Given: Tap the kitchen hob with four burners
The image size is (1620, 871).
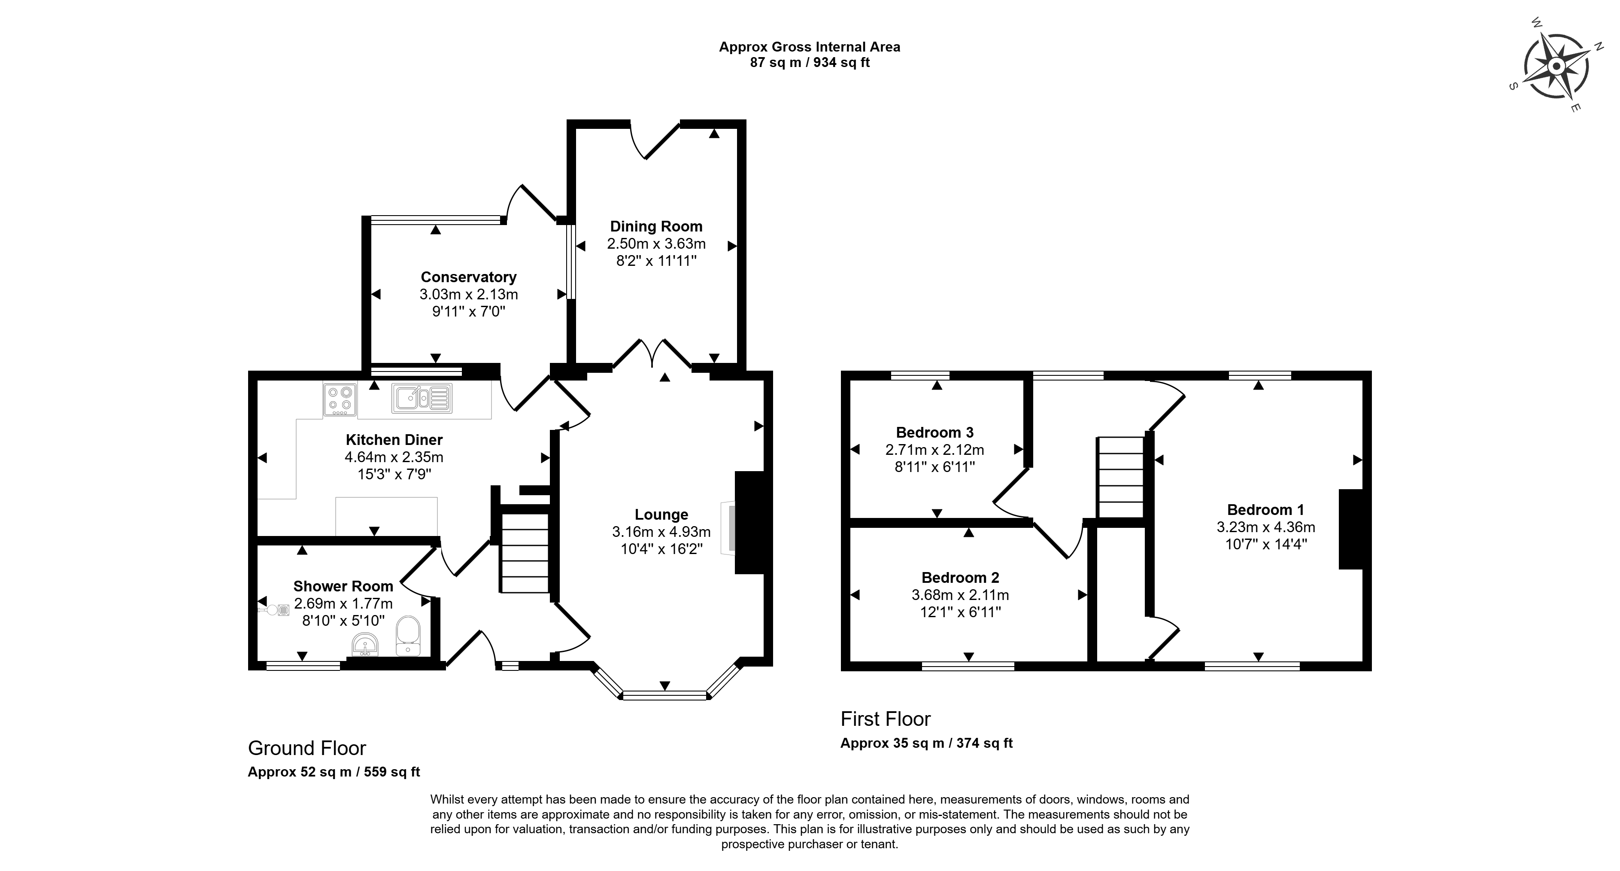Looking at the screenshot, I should click(x=340, y=399).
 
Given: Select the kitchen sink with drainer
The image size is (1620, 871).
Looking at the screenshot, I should click(x=422, y=399).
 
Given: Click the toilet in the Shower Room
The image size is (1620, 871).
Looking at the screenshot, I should click(x=408, y=636).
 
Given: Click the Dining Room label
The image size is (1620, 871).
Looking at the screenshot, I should click(x=656, y=227).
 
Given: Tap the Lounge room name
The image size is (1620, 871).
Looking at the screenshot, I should click(x=661, y=515).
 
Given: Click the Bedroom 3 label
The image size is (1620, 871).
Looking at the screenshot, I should click(x=934, y=432).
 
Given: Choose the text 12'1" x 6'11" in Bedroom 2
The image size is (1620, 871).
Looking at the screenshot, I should click(x=960, y=612).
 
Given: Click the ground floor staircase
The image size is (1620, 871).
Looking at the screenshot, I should click(x=525, y=553).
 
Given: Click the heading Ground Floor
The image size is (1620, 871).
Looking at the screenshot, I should click(x=307, y=748).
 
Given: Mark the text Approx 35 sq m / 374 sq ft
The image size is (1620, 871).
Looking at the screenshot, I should click(x=926, y=743).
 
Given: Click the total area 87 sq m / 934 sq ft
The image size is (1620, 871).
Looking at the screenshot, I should click(x=810, y=63).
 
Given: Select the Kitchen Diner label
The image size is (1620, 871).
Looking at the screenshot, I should click(x=394, y=440).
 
